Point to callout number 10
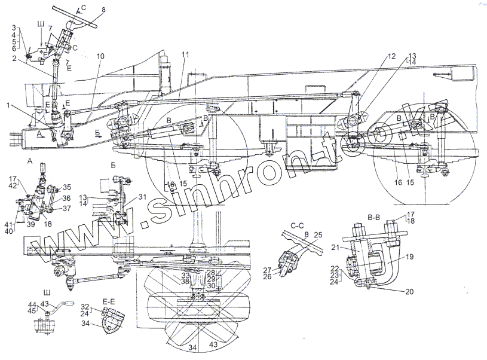coord(99,56)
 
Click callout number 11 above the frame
coord(185,55)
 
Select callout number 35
coord(67,187)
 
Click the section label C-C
coord(298,226)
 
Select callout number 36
coord(67,198)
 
